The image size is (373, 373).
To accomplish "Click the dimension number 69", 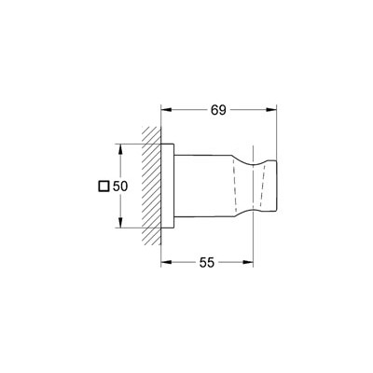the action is (218, 110).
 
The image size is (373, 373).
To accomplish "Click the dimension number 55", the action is (207, 263).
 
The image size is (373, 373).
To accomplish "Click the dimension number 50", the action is (120, 186).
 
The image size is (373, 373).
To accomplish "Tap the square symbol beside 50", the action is (104, 186).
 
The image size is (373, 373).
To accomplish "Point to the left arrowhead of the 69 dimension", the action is (166, 109).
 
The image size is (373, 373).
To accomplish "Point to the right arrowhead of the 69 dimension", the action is (271, 109).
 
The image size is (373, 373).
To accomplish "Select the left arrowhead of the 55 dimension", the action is (166, 262).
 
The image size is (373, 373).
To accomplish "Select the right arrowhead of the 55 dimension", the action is (248, 262).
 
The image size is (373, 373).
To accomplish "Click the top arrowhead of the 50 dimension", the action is (120, 149).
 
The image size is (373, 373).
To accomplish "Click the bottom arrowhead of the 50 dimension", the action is (120, 223).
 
